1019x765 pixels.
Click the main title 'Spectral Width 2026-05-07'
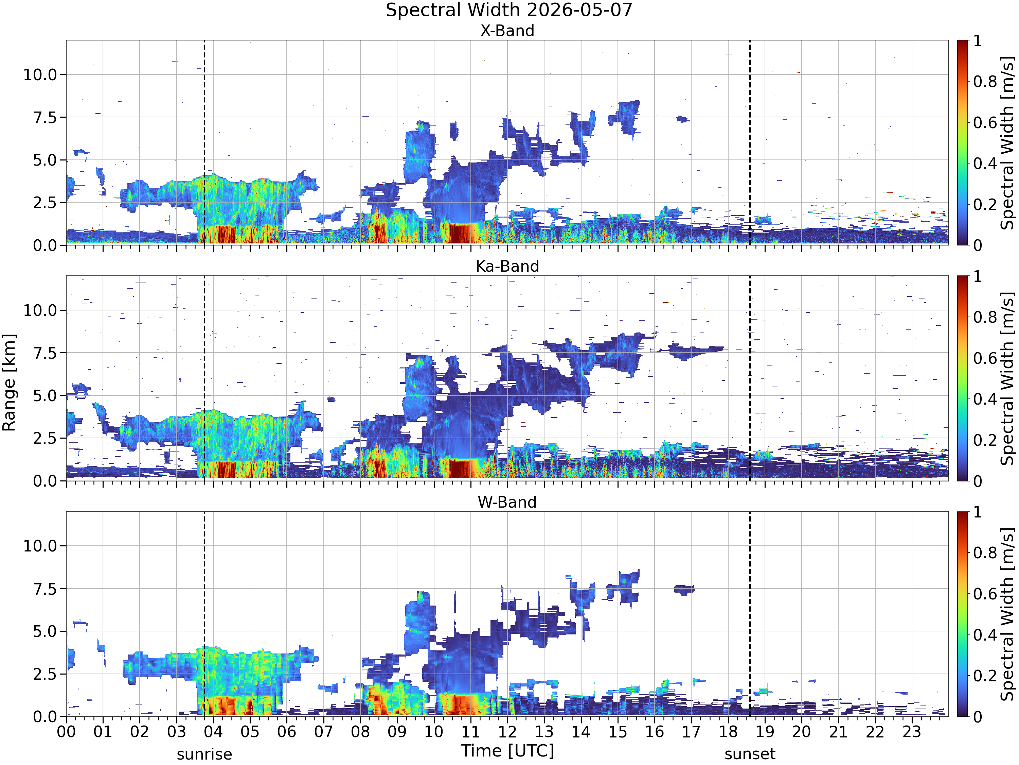[509, 10]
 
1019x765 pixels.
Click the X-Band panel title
[507, 31]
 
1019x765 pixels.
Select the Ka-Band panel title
[507, 266]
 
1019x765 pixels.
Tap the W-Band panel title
[507, 502]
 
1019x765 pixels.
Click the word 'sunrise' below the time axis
[204, 754]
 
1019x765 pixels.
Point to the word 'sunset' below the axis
[750, 754]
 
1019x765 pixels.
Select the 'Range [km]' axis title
[9, 383]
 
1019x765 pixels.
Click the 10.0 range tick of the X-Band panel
[40, 75]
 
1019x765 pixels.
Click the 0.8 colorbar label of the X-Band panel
[985, 82]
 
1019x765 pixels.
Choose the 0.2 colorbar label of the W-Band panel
[985, 676]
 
